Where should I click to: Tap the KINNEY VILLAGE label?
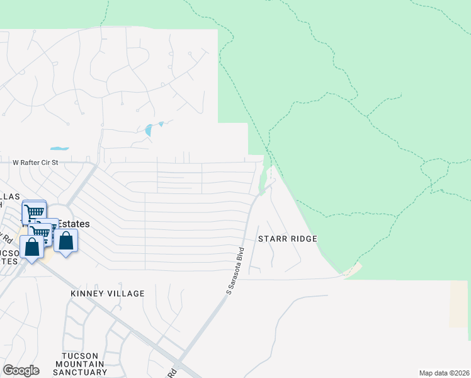tap(108, 294)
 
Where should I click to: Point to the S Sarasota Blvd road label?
tap(235, 270)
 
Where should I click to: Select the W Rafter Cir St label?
tap(35, 162)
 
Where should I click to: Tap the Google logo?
tap(21, 370)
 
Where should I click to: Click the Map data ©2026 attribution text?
tap(444, 373)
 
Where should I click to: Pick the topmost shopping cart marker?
tap(35, 212)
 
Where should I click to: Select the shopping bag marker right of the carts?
tap(65, 240)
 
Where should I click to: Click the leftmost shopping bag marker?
tap(31, 246)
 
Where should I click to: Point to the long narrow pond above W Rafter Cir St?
tap(59, 149)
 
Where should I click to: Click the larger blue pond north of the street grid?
tap(149, 130)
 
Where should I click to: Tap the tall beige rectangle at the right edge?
tap(458, 304)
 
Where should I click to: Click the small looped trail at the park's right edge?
tap(435, 169)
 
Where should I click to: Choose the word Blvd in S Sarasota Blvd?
tap(239, 256)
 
